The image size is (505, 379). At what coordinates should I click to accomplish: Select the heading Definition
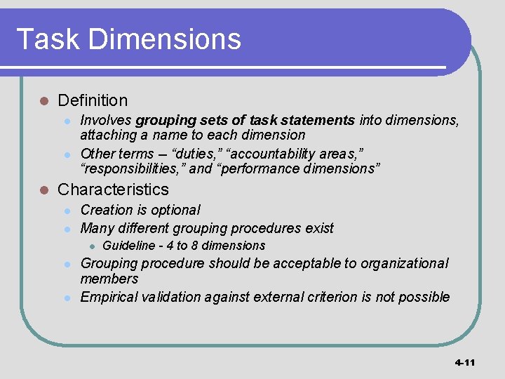pyautogui.click(x=93, y=101)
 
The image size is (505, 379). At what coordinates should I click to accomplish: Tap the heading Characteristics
pyautogui.click(x=113, y=189)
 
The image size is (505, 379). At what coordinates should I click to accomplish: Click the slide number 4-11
pyautogui.click(x=464, y=363)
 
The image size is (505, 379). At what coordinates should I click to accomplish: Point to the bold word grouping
pyautogui.click(x=162, y=121)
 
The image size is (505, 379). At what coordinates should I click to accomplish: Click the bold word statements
pyautogui.click(x=323, y=121)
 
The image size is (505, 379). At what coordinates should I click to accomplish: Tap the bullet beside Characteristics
pyautogui.click(x=43, y=190)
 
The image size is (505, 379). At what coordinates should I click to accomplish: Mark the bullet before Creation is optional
pyautogui.click(x=67, y=211)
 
